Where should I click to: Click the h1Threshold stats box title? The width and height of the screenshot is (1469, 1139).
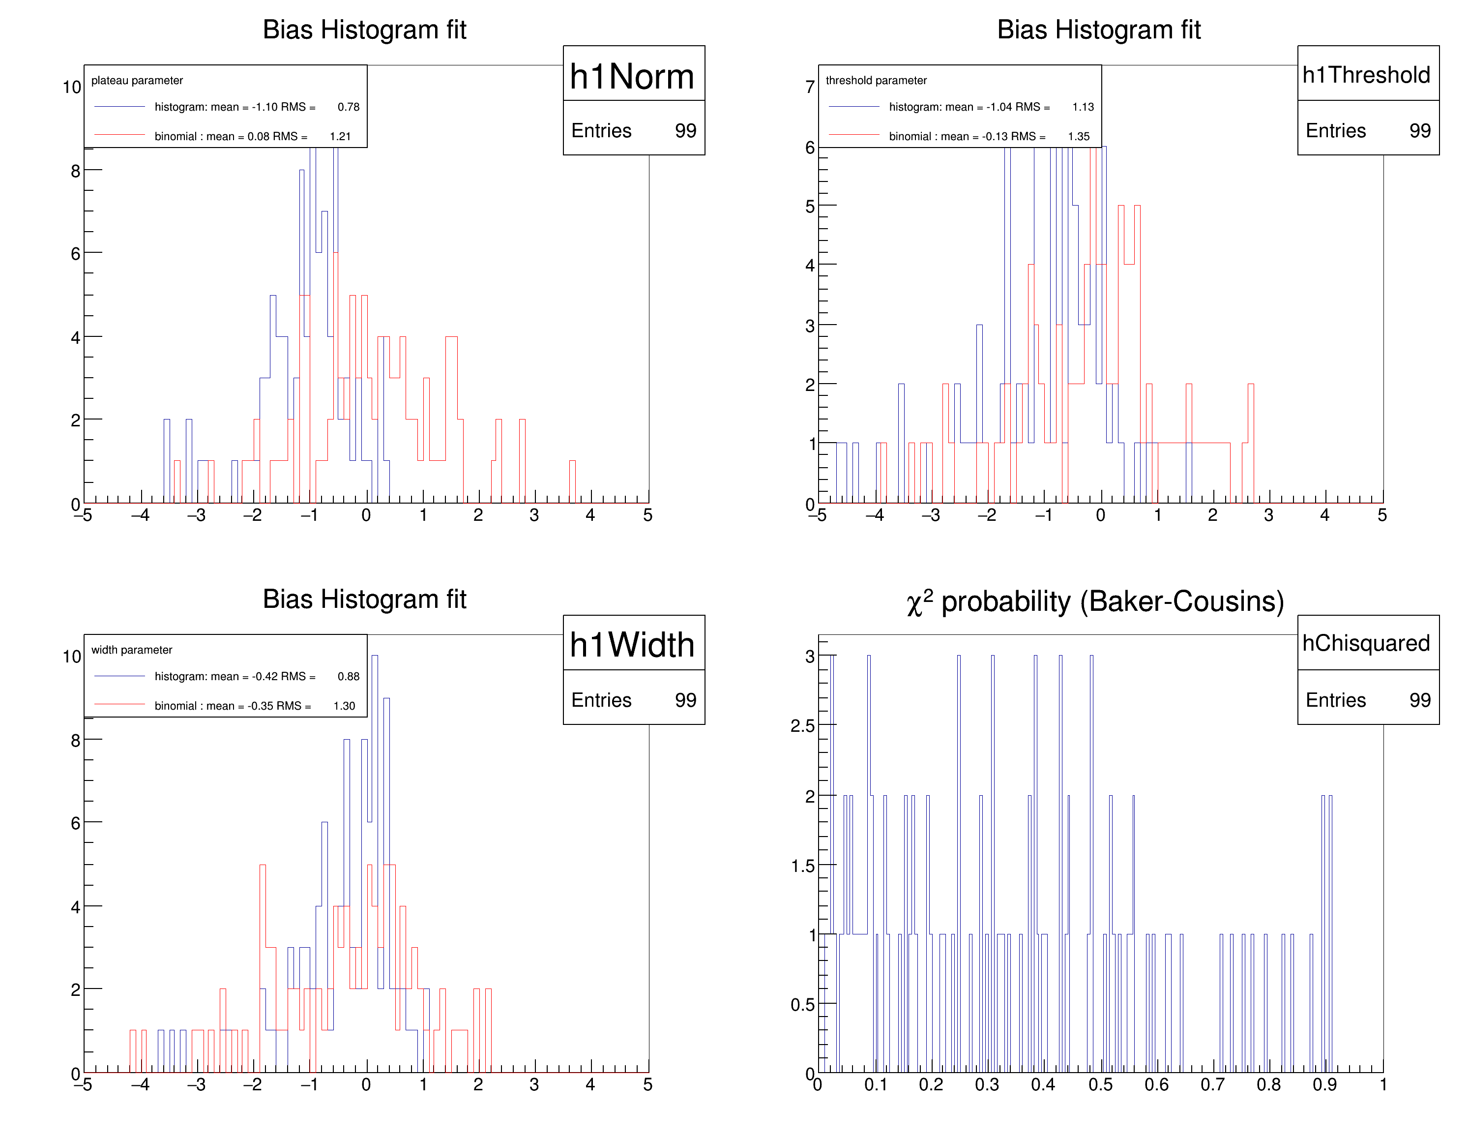1366,75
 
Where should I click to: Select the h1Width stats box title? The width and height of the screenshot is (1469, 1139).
632,645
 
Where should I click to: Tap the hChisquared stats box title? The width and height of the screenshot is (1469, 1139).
1366,643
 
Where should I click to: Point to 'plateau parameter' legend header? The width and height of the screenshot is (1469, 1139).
137,80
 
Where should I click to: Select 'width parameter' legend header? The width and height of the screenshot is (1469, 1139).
132,649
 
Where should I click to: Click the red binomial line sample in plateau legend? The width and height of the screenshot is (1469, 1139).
120,135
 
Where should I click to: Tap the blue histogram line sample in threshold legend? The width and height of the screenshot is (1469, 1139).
854,106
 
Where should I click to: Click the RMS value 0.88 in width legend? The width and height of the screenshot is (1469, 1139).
349,676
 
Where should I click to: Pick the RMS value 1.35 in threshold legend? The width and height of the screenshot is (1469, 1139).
1078,136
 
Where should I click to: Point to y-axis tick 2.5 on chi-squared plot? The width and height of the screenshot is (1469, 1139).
802,726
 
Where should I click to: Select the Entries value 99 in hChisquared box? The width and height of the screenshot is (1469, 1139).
1419,700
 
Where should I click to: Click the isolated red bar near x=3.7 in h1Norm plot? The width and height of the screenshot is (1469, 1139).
572,481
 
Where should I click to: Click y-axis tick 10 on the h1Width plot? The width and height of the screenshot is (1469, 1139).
71,657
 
